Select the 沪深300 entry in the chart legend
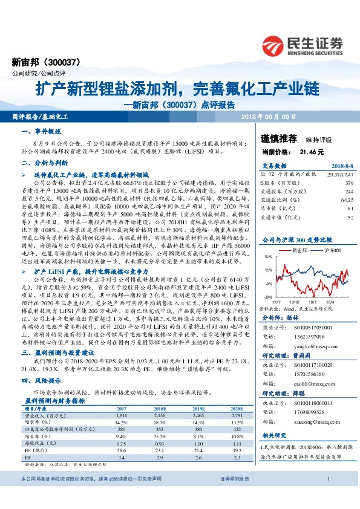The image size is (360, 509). (x=332, y=233)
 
